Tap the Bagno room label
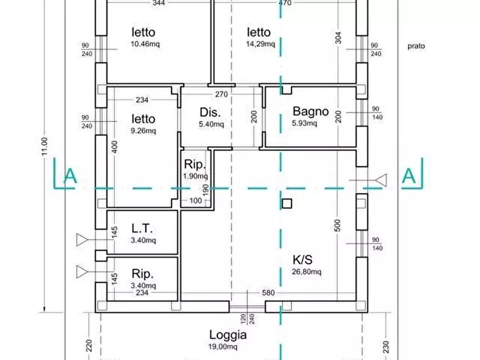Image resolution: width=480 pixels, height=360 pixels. [310, 112]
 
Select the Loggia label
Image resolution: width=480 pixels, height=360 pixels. [228, 335]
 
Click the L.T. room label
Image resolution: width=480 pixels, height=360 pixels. [143, 228]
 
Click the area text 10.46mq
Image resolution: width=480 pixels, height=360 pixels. [145, 44]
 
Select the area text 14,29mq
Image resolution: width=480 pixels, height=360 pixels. [260, 44]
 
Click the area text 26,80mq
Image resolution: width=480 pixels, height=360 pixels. [306, 272]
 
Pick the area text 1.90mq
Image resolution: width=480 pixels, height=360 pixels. [196, 176]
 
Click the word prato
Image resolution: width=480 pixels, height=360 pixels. [416, 46]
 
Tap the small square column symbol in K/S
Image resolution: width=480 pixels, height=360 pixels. [287, 203]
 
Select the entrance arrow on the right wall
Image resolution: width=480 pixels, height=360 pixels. [381, 180]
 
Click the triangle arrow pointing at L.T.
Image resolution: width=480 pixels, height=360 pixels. [82, 240]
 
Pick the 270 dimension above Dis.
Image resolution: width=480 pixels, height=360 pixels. [221, 94]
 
